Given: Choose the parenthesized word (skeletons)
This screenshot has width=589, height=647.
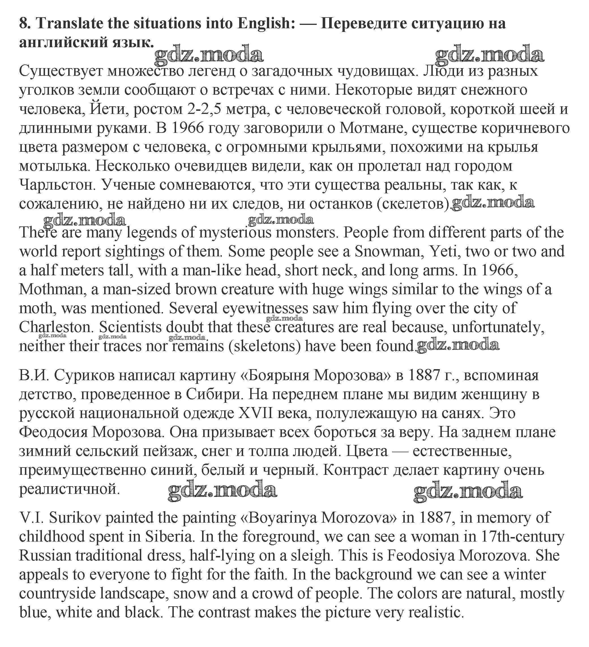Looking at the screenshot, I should tap(264, 346).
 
